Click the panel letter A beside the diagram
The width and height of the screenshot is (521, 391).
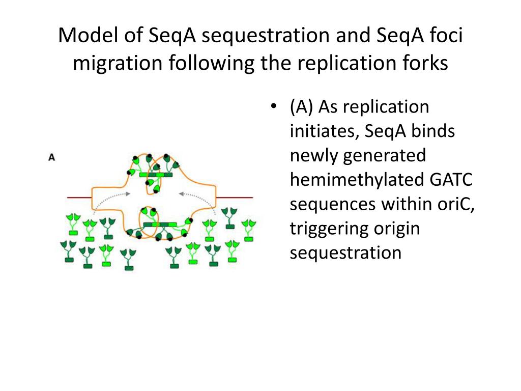point(51,157)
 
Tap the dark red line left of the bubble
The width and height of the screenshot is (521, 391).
point(78,198)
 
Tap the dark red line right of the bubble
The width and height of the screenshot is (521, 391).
point(236,198)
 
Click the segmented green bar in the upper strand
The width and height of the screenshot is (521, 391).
point(155,175)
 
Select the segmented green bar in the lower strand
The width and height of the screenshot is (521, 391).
point(160,225)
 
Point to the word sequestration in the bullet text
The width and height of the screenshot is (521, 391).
point(345,253)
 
